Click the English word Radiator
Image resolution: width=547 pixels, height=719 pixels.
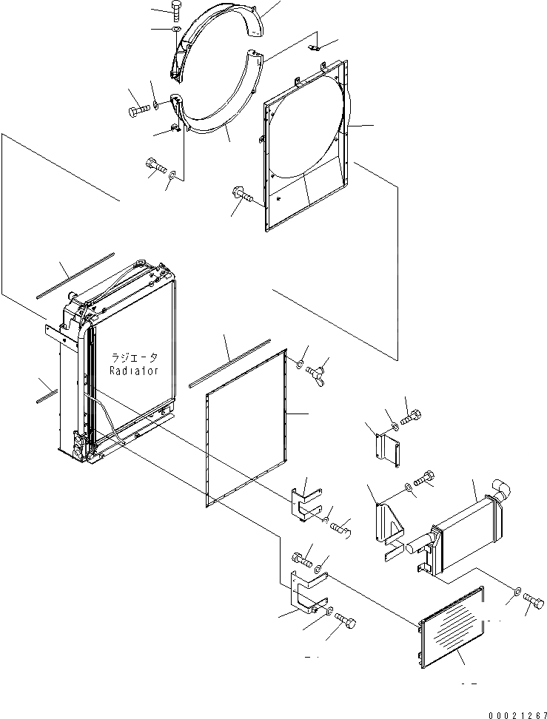[x=133, y=371]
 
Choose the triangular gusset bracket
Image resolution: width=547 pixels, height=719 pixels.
[x=389, y=525]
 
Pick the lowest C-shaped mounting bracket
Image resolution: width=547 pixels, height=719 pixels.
[x=306, y=592]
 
